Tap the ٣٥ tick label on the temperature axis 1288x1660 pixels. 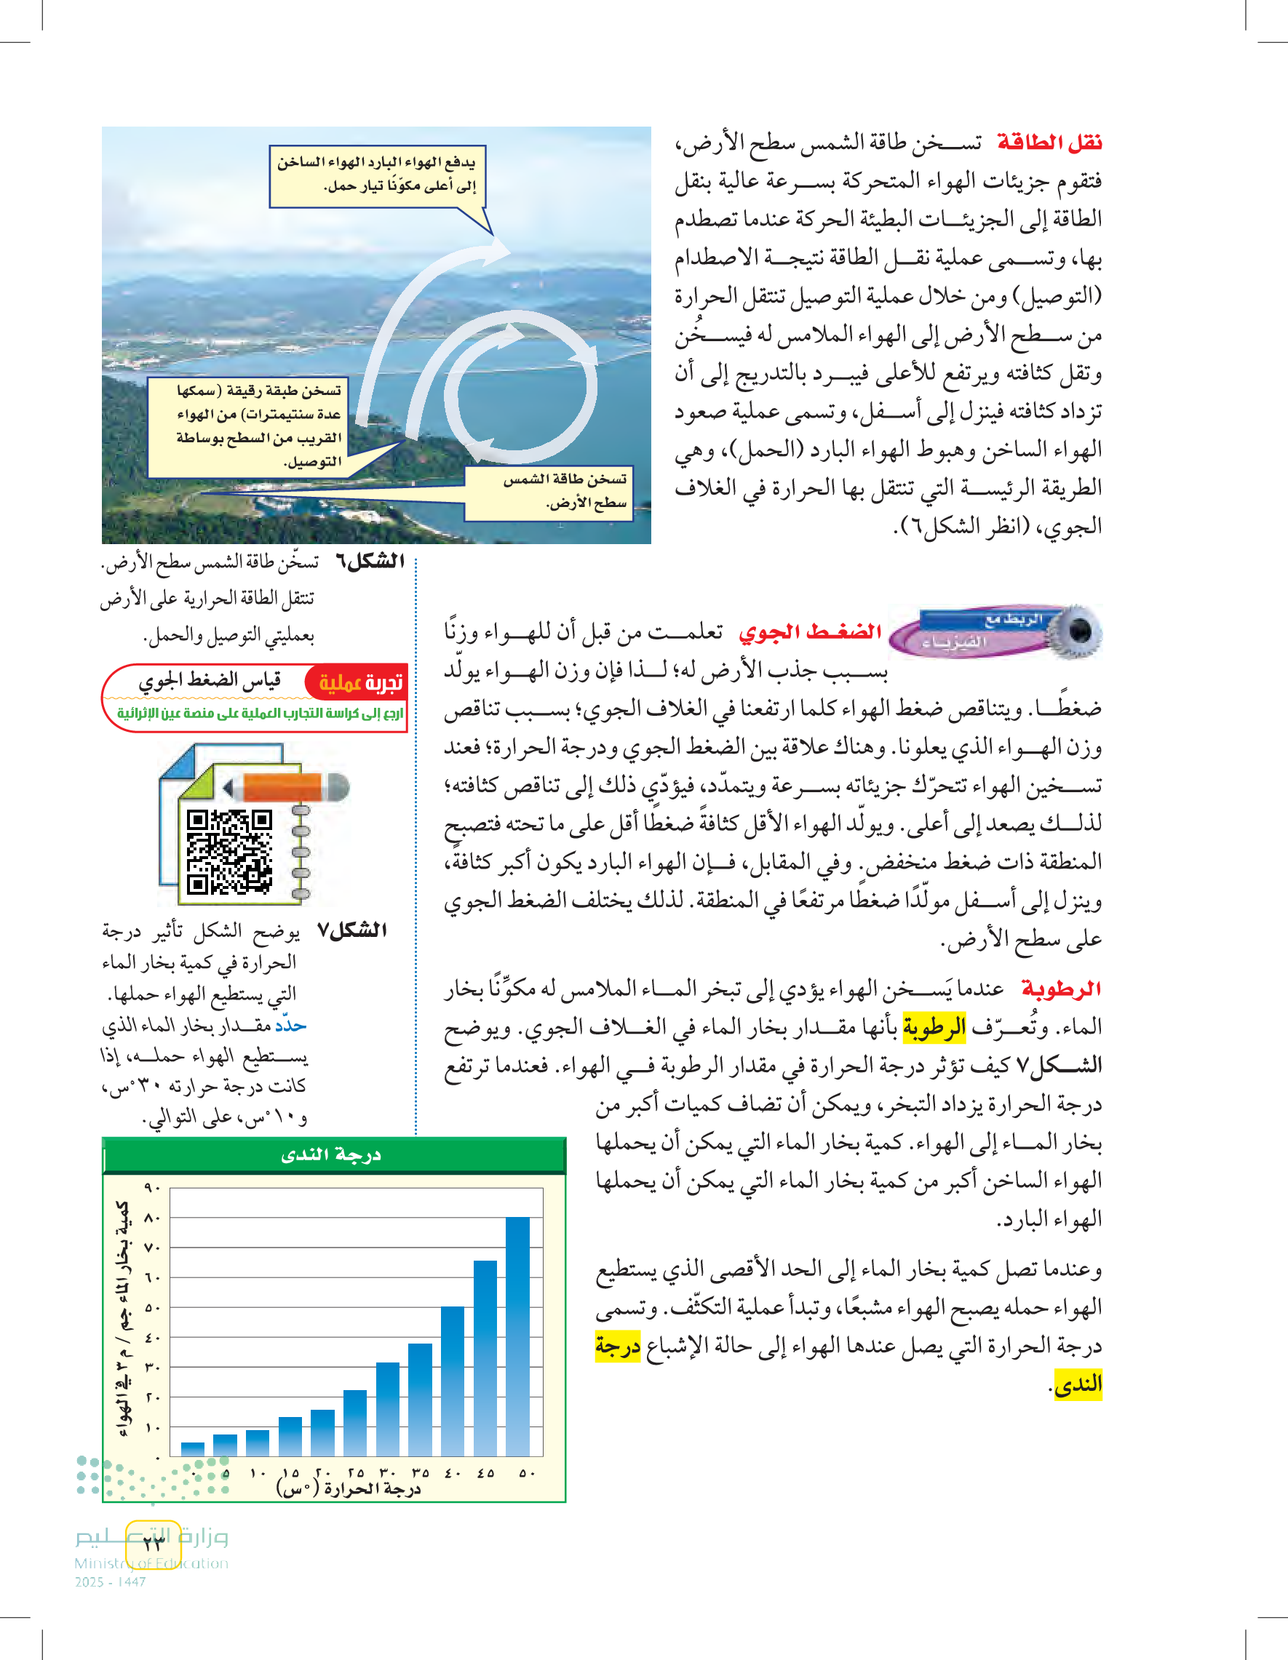click(x=420, y=1473)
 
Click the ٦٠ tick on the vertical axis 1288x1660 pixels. click(x=152, y=1277)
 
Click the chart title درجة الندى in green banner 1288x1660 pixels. click(x=332, y=1155)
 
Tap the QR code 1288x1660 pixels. click(x=230, y=852)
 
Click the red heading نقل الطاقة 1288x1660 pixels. click(x=1049, y=142)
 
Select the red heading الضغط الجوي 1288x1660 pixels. click(x=811, y=631)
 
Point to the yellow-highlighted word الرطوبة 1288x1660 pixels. click(x=934, y=1028)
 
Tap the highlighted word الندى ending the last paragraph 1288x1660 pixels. click(x=1078, y=1384)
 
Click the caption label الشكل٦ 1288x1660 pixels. click(x=370, y=562)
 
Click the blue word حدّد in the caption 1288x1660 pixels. click(x=290, y=1026)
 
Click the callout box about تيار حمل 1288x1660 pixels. click(x=377, y=175)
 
